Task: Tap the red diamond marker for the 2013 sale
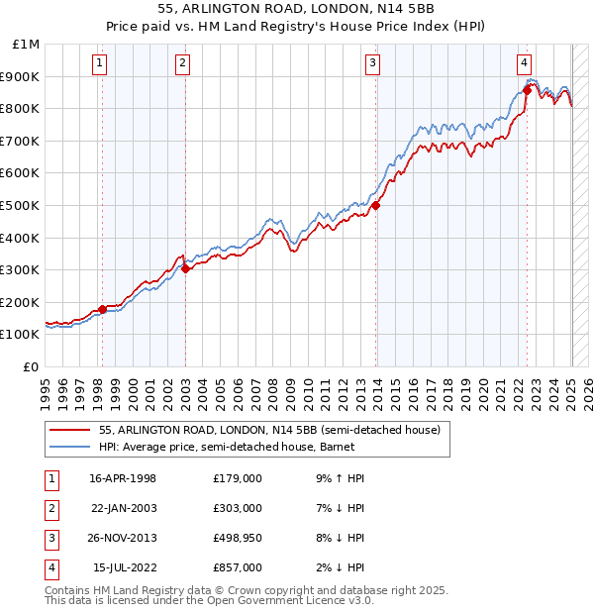pos(376,206)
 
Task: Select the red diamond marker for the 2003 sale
pos(185,268)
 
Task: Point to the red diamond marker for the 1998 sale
pos(102,309)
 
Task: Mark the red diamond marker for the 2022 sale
pos(527,90)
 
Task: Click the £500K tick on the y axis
pos(26,205)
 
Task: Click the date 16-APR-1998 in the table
pos(123,478)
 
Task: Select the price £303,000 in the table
pos(238,508)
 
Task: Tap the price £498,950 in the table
pos(238,538)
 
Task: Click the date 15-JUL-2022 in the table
pos(123,567)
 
